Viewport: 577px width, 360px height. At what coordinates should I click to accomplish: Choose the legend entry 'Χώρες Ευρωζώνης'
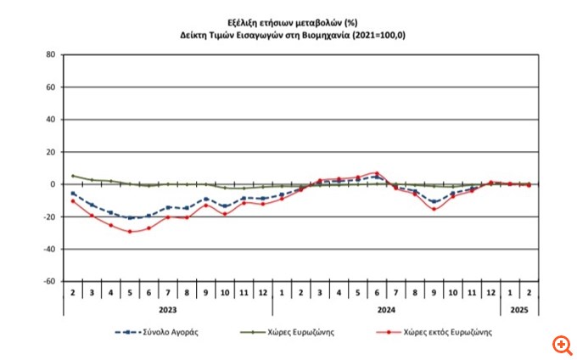coord(305,334)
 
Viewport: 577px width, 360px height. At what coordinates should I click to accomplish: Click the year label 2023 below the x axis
coord(168,311)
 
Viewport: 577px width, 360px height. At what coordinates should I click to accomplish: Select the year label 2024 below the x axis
coord(387,311)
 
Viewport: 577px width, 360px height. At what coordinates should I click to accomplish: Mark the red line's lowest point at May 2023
coord(130,232)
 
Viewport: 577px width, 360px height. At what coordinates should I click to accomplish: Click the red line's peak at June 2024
coord(377,172)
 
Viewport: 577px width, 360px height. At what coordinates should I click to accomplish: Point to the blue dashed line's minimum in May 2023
coord(130,218)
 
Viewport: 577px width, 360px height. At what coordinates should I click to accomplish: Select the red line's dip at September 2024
coord(434,209)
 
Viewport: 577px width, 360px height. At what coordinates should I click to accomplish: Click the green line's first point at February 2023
coord(73,176)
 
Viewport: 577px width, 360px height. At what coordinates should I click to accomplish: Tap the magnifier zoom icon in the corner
coord(562,345)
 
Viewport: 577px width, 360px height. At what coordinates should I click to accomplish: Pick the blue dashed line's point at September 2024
coord(434,202)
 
